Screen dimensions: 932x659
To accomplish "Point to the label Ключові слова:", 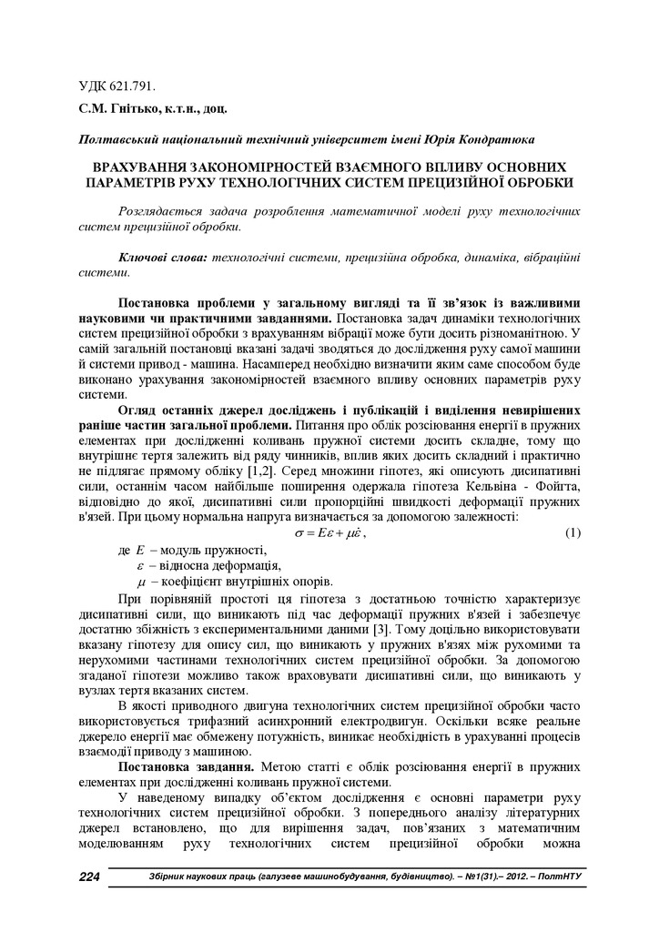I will (164, 258).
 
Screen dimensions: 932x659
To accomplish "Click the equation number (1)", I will (573, 532).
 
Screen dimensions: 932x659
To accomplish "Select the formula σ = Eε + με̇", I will (329, 532).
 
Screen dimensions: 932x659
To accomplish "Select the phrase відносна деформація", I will (216, 566).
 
